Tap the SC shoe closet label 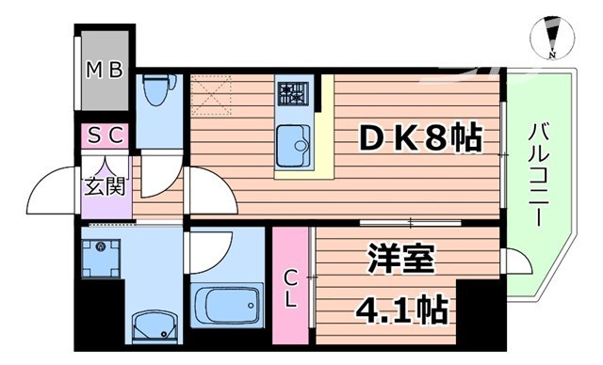pos(106,135)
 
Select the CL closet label pos(292,289)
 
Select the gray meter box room pos(104,71)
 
